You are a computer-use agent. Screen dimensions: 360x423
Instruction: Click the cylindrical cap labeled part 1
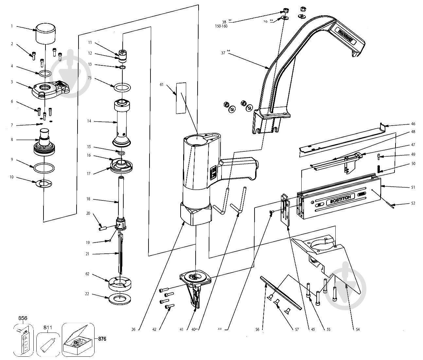pos(45,33)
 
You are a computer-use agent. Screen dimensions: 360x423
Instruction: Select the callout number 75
pos(89,78)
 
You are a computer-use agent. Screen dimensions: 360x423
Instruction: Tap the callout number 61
pos(161,85)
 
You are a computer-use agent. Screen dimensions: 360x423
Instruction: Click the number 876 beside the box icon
pos(102,339)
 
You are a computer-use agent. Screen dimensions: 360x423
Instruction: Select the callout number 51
pos(413,187)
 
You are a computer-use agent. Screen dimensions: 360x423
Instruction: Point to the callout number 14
pos(89,121)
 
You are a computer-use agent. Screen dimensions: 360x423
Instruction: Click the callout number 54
pos(358,329)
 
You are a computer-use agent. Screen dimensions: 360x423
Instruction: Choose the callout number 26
pos(133,329)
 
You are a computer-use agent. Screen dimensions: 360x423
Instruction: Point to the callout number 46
pos(413,124)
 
